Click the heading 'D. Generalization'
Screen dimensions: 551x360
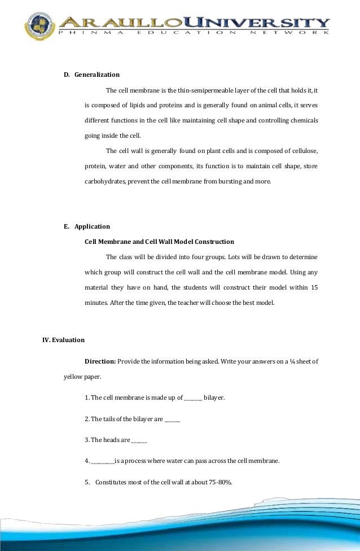(91, 75)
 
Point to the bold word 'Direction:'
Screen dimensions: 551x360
(100, 361)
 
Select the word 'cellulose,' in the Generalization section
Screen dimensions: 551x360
(302, 151)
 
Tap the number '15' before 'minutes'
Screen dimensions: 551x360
(314, 287)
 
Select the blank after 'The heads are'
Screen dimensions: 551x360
(139, 441)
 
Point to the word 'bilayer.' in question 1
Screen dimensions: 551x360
(214, 398)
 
